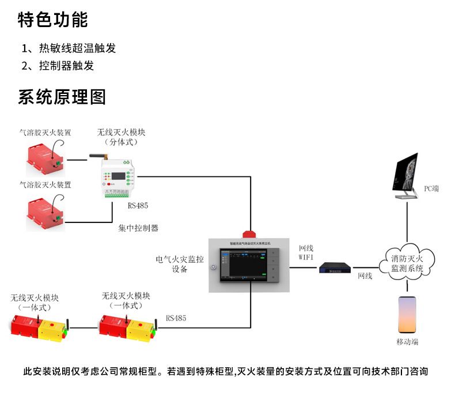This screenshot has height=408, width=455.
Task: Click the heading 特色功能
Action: click(53, 20)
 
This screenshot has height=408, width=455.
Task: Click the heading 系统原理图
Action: click(62, 97)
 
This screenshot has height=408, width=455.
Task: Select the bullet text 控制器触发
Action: click(66, 66)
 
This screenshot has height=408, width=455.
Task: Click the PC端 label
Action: click(431, 188)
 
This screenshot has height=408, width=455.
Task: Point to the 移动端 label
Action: click(407, 342)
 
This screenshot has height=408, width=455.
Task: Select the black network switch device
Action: click(336, 266)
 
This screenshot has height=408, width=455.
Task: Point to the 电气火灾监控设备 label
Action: click(180, 264)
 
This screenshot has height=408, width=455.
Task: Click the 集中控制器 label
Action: click(138, 228)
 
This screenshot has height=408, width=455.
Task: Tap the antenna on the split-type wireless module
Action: click(98, 156)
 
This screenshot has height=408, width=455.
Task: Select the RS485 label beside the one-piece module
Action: click(176, 318)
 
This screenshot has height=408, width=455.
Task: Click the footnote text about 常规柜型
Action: click(225, 372)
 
